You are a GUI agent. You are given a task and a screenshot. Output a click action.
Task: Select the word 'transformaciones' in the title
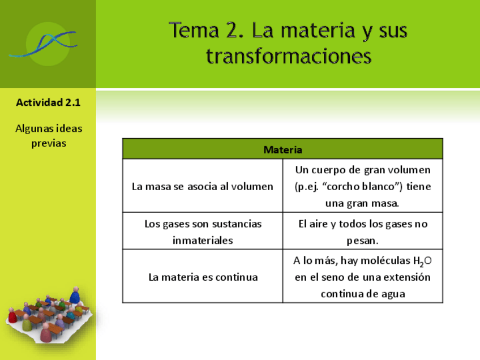pyautogui.click(x=289, y=57)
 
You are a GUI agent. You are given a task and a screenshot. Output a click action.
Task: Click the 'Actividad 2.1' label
pyautogui.click(x=48, y=102)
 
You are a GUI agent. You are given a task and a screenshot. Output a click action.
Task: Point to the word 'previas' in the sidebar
pyautogui.click(x=49, y=143)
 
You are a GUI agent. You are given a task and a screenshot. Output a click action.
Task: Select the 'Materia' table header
pyautogui.click(x=282, y=150)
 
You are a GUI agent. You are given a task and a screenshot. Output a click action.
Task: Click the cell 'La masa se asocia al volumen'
pyautogui.click(x=203, y=186)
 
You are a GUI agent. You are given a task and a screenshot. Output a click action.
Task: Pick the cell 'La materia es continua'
pyautogui.click(x=203, y=277)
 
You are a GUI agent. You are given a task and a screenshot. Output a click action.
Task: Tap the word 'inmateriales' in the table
pyautogui.click(x=203, y=240)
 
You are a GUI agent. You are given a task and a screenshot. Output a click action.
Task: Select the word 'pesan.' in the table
pyautogui.click(x=362, y=240)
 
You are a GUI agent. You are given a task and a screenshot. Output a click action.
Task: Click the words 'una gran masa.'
pyautogui.click(x=362, y=203)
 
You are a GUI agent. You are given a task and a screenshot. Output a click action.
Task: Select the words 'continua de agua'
pyautogui.click(x=362, y=294)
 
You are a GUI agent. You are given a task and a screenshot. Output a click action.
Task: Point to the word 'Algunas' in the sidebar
pyautogui.click(x=33, y=128)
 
